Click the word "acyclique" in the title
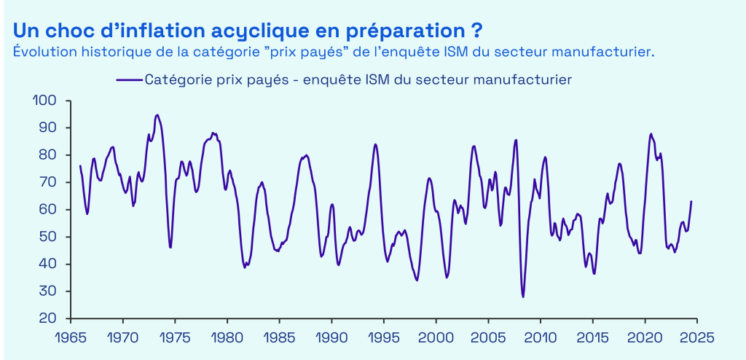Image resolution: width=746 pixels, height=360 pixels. tap(272, 31)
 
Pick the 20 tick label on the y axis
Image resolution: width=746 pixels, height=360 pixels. tap(47, 318)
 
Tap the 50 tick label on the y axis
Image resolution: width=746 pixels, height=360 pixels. tap(47, 237)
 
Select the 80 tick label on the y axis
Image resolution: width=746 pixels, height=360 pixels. tap(47, 154)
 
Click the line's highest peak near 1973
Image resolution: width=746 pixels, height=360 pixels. tap(157, 114)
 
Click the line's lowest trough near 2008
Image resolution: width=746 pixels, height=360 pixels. tap(523, 297)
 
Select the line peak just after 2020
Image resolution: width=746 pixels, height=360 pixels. tap(651, 134)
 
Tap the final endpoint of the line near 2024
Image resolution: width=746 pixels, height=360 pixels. tap(691, 201)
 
